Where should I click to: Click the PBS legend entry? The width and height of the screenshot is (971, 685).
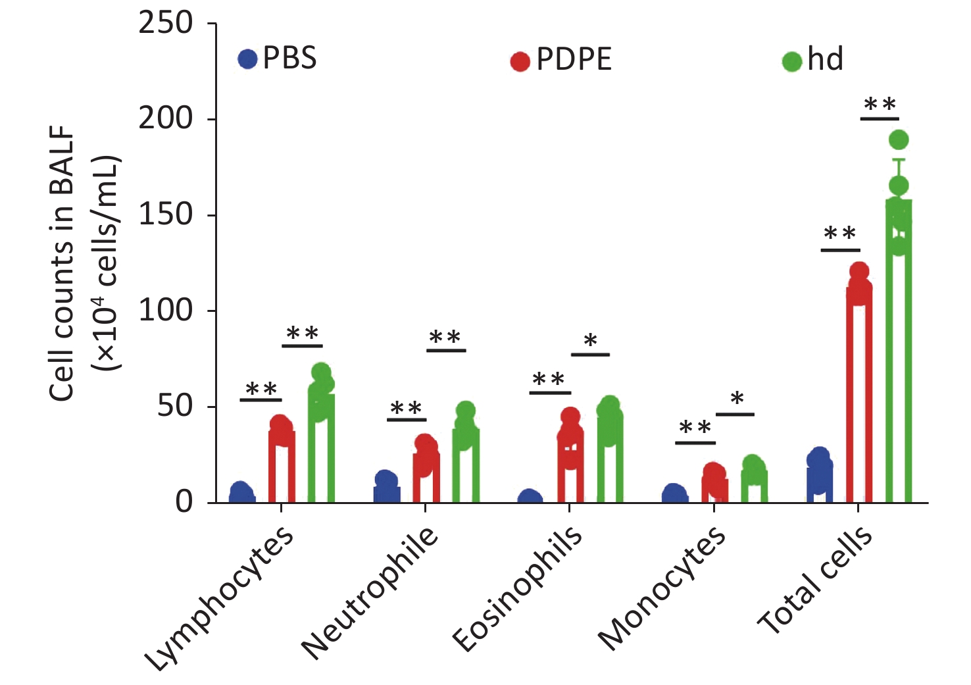[x=278, y=59]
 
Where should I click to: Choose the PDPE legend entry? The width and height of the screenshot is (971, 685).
[x=561, y=60]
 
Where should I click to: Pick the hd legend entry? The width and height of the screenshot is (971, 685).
[x=813, y=60]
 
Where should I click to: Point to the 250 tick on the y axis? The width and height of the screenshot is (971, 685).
[x=165, y=23]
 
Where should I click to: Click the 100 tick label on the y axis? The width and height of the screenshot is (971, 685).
[x=165, y=310]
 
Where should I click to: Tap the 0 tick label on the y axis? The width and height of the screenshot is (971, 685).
[x=184, y=501]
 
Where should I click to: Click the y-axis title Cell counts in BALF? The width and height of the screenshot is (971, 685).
[x=62, y=263]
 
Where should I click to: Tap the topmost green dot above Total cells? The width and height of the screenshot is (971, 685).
[x=898, y=140]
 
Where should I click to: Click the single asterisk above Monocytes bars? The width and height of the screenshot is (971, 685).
[x=737, y=399]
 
